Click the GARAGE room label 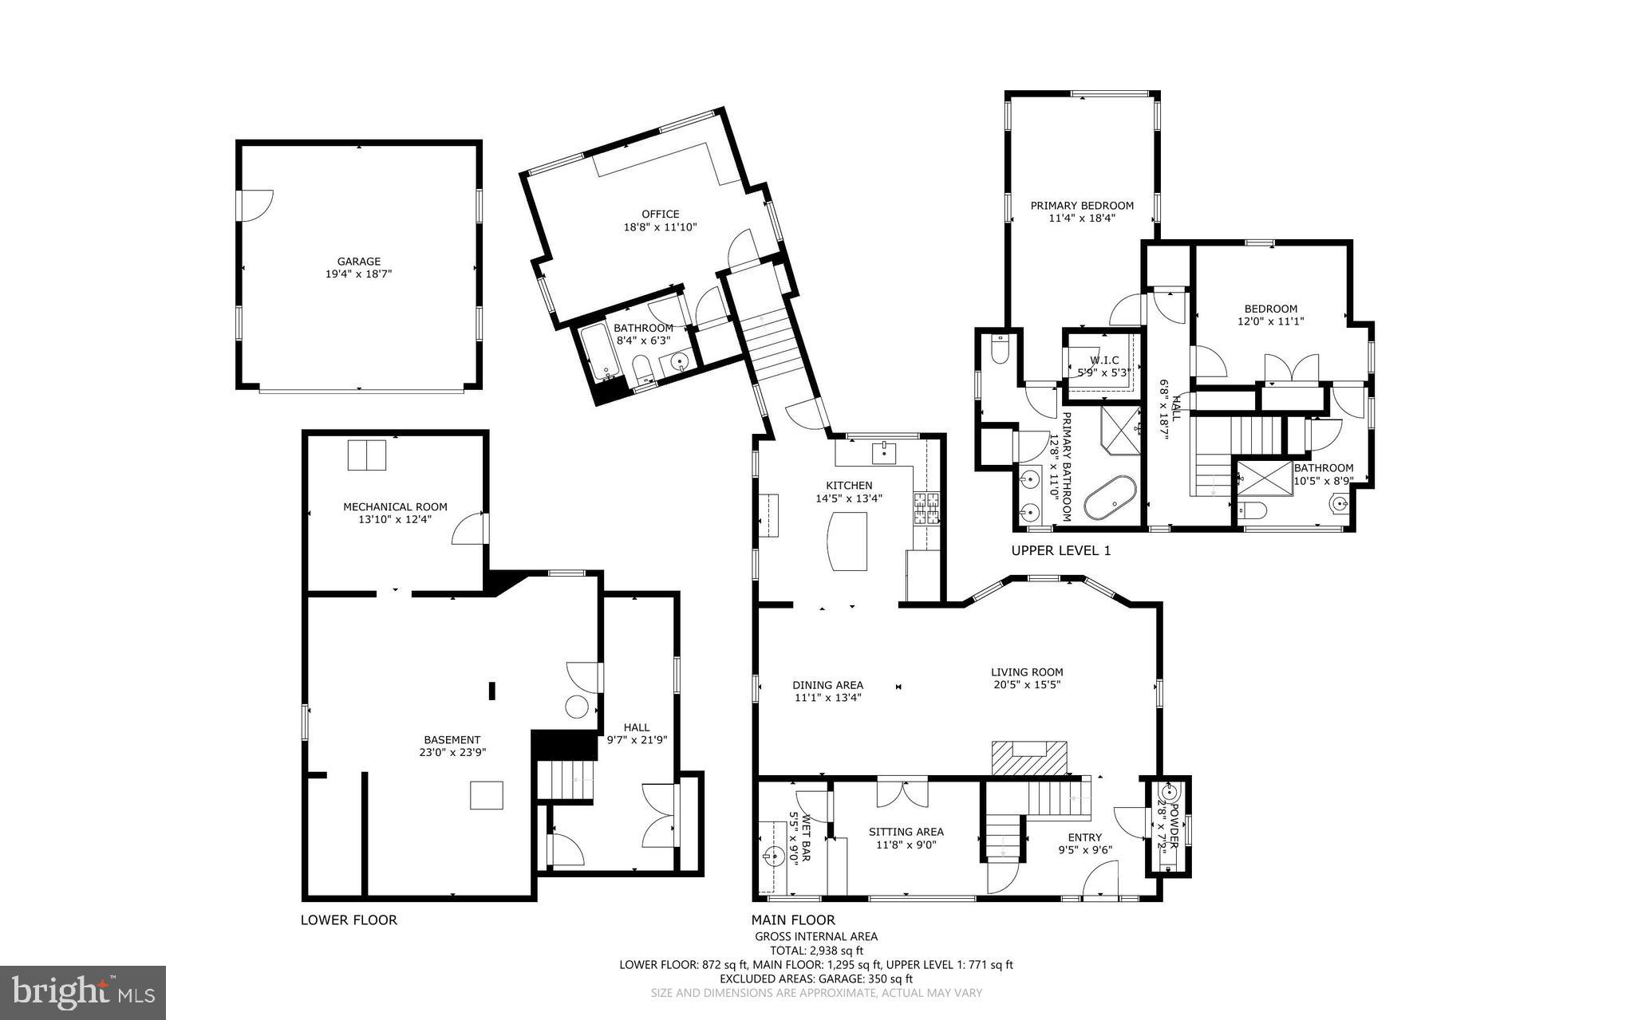[x=358, y=261]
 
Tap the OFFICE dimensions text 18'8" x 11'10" [x=660, y=227]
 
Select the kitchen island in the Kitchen [x=847, y=541]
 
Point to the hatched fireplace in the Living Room [x=1029, y=758]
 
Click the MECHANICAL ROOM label [x=395, y=506]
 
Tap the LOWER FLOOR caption [x=349, y=920]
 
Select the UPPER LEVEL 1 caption [x=1060, y=550]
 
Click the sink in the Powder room [x=1169, y=793]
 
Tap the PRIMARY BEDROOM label [x=1081, y=205]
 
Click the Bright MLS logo [x=83, y=992]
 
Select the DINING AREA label [x=827, y=684]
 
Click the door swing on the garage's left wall [x=257, y=204]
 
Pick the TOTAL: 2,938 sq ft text [x=816, y=950]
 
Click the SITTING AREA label [x=906, y=832]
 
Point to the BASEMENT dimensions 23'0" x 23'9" [x=452, y=752]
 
